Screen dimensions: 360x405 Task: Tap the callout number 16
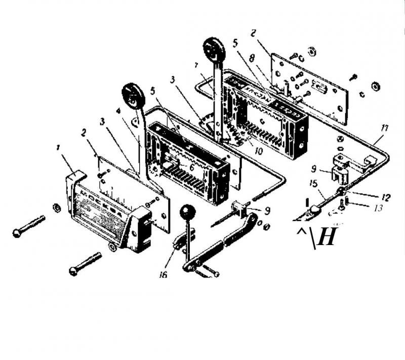coord(163,274)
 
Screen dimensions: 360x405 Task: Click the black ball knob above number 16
coord(188,210)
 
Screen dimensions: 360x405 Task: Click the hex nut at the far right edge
coord(375,85)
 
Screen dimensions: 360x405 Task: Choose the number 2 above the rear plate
coord(253,33)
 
